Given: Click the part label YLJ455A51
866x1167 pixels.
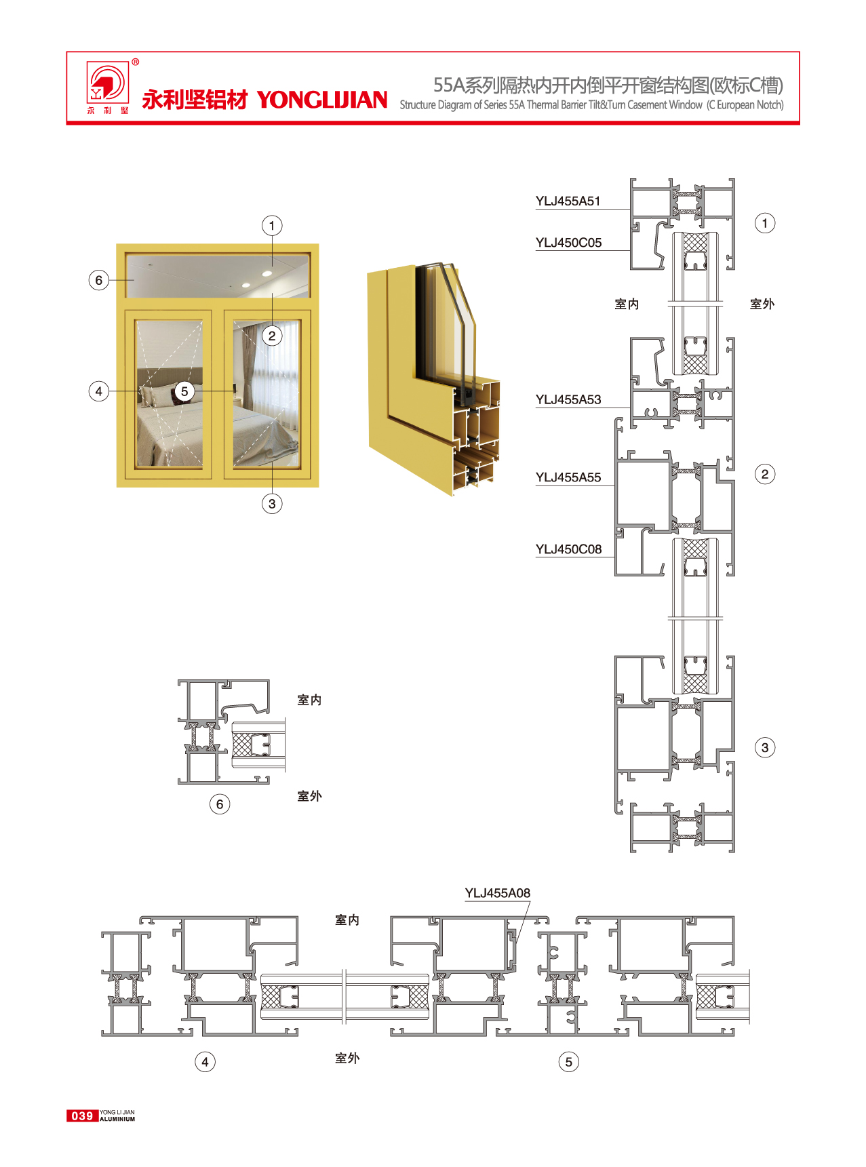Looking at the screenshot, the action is (x=568, y=201).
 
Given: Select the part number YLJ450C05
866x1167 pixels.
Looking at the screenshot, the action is (x=568, y=243).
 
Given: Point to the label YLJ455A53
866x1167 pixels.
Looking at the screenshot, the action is (x=568, y=399).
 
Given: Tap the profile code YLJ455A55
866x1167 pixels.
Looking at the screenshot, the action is (x=568, y=477).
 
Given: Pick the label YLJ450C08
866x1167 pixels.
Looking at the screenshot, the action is (x=568, y=549).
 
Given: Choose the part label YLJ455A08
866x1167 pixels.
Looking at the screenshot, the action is (x=497, y=893).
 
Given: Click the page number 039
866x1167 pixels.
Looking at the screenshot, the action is (x=82, y=1115).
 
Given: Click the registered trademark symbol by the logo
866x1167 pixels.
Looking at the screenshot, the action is (x=136, y=62).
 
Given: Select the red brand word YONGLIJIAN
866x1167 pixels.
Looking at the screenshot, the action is (x=322, y=100).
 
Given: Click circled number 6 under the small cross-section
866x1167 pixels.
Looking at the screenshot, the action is (x=219, y=804).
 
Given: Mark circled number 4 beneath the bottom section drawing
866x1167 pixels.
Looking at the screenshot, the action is (x=205, y=1062).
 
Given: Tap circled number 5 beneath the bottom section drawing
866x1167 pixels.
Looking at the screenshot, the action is (x=568, y=1062).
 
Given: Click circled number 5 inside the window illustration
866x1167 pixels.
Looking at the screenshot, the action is (x=184, y=391).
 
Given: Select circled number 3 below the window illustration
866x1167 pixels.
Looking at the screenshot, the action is (x=272, y=504).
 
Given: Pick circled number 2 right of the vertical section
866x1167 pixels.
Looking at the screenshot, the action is (x=765, y=474).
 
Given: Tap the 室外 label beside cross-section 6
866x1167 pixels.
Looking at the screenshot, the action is (x=309, y=796).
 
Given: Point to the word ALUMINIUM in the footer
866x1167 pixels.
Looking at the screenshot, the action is (x=117, y=1120).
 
